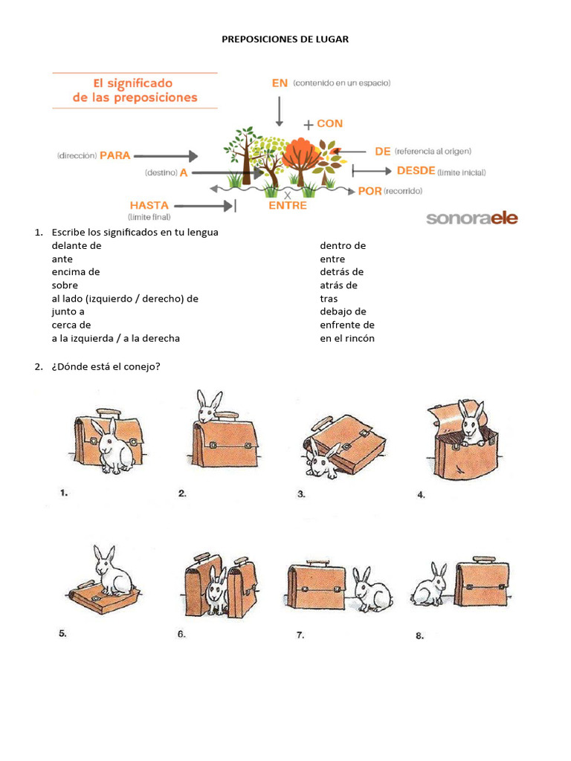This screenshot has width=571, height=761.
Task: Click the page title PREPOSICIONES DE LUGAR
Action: (x=285, y=39)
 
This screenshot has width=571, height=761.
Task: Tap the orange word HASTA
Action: (x=149, y=205)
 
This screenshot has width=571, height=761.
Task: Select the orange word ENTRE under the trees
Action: (x=287, y=206)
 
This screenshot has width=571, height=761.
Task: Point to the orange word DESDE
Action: (x=416, y=171)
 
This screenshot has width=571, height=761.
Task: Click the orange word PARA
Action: (x=115, y=155)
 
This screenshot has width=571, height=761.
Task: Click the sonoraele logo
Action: (x=471, y=218)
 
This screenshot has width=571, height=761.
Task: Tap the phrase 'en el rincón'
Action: (x=347, y=338)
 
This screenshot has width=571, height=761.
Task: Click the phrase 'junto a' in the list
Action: (x=68, y=311)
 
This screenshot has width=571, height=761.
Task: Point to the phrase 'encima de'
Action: (x=75, y=272)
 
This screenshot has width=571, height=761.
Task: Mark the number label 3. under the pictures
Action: (x=301, y=493)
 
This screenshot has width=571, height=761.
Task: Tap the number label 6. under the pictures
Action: (x=181, y=634)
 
